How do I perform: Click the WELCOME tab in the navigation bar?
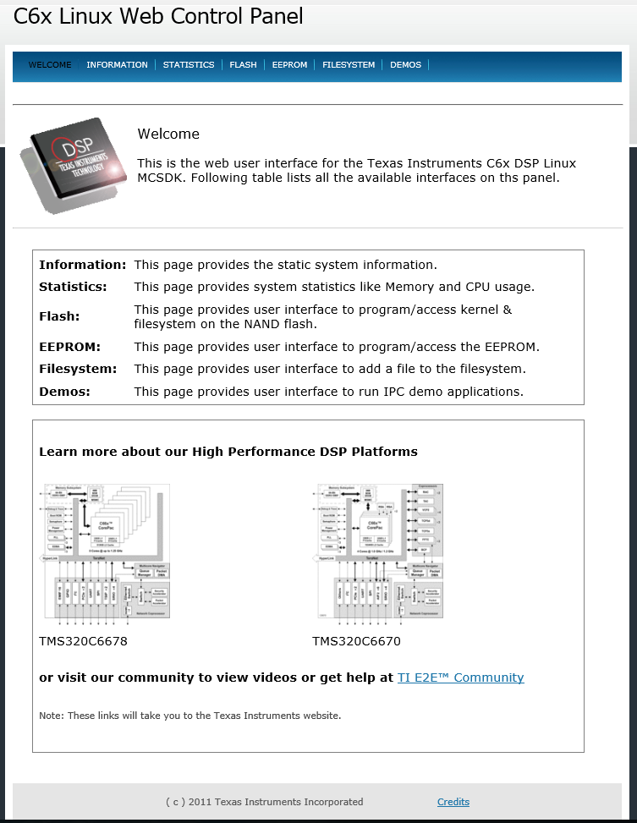pos(50,65)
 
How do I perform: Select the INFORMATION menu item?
pos(117,65)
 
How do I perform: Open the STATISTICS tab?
pos(189,65)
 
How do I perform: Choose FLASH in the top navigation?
pos(243,65)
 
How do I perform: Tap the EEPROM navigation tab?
pos(289,65)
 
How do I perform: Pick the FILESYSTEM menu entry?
pos(349,65)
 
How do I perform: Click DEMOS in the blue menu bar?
pos(405,65)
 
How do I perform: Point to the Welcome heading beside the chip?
pos(168,134)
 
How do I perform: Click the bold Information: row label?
pos(83,265)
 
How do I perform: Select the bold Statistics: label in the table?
pos(73,287)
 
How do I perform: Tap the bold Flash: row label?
pos(59,316)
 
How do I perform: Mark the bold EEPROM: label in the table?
pos(69,347)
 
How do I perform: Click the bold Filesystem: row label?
pos(78,369)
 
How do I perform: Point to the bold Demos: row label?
pos(64,392)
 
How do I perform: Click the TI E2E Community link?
pos(460,678)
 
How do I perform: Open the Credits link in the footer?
pos(453,802)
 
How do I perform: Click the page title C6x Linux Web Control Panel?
pos(158,16)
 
